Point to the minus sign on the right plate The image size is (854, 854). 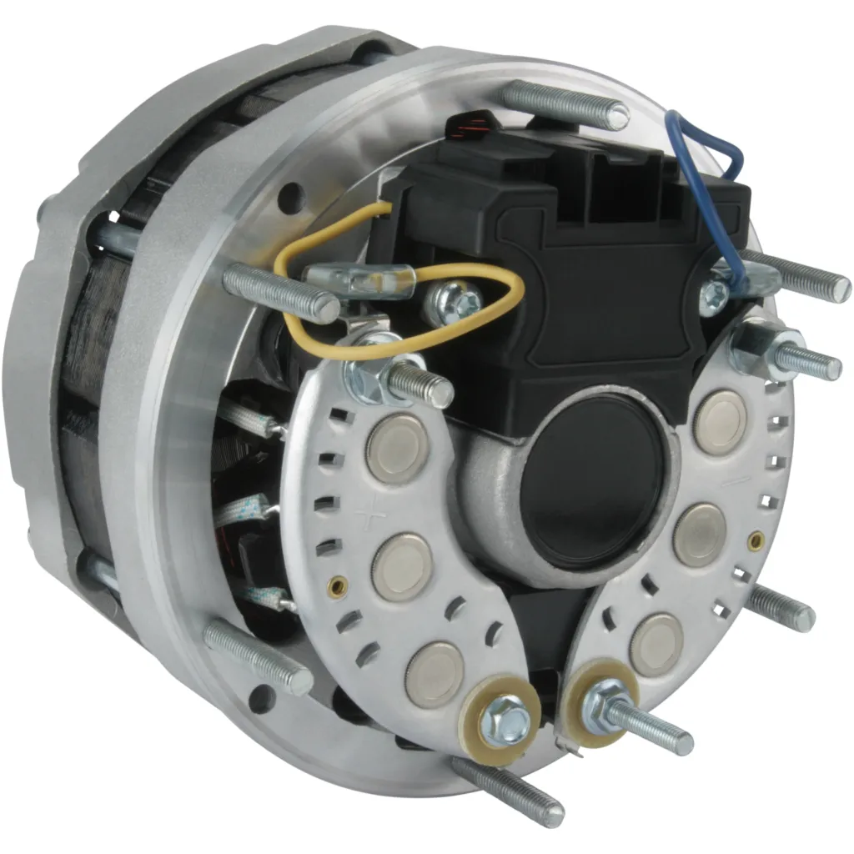pyautogui.click(x=727, y=482)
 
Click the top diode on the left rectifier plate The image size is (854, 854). pyautogui.click(x=397, y=448)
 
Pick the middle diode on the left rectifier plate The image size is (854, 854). pyautogui.click(x=402, y=566)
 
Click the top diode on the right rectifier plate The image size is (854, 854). pyautogui.click(x=719, y=422)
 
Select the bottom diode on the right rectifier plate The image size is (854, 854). pyautogui.click(x=656, y=644)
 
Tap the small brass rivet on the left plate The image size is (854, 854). pyautogui.click(x=337, y=586)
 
